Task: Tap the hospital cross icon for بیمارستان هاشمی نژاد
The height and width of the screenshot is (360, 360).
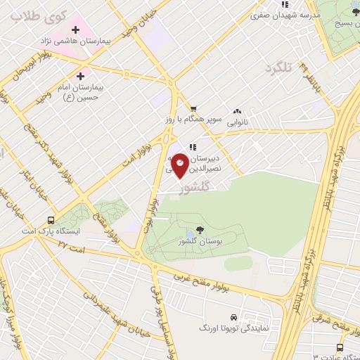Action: coord(75,30)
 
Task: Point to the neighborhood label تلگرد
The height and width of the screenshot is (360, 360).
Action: coord(278,67)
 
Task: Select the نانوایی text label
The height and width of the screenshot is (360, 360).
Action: coord(236,122)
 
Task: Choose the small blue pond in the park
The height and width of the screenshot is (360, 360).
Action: coord(190,234)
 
